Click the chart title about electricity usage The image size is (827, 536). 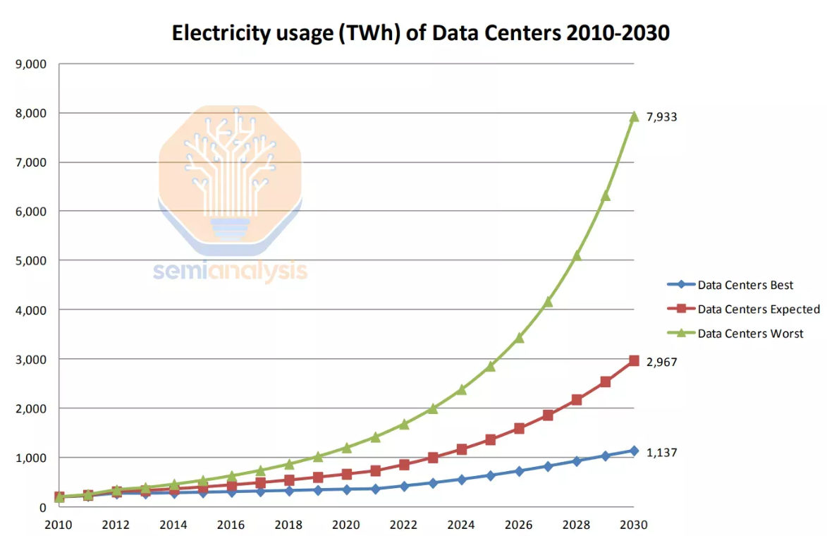click(x=420, y=32)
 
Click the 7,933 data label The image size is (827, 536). click(x=662, y=117)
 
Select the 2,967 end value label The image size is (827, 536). click(x=662, y=362)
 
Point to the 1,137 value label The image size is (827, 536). click(x=662, y=452)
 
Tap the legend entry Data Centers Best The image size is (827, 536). click(x=745, y=286)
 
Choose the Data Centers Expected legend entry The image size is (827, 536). click(x=759, y=309)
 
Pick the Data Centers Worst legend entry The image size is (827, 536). click(x=750, y=334)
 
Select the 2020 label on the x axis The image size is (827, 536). click(x=346, y=525)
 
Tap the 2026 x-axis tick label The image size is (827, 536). click(x=519, y=525)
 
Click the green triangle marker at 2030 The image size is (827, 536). click(x=634, y=116)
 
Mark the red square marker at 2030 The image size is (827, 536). click(x=634, y=361)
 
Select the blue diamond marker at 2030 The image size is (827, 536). click(x=634, y=451)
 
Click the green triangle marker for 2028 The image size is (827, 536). click(x=577, y=255)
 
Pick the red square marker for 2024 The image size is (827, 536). click(x=462, y=449)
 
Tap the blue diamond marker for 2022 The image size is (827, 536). click(x=404, y=486)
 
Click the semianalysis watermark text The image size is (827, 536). click(x=230, y=271)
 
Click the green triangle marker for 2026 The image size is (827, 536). click(x=519, y=338)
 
